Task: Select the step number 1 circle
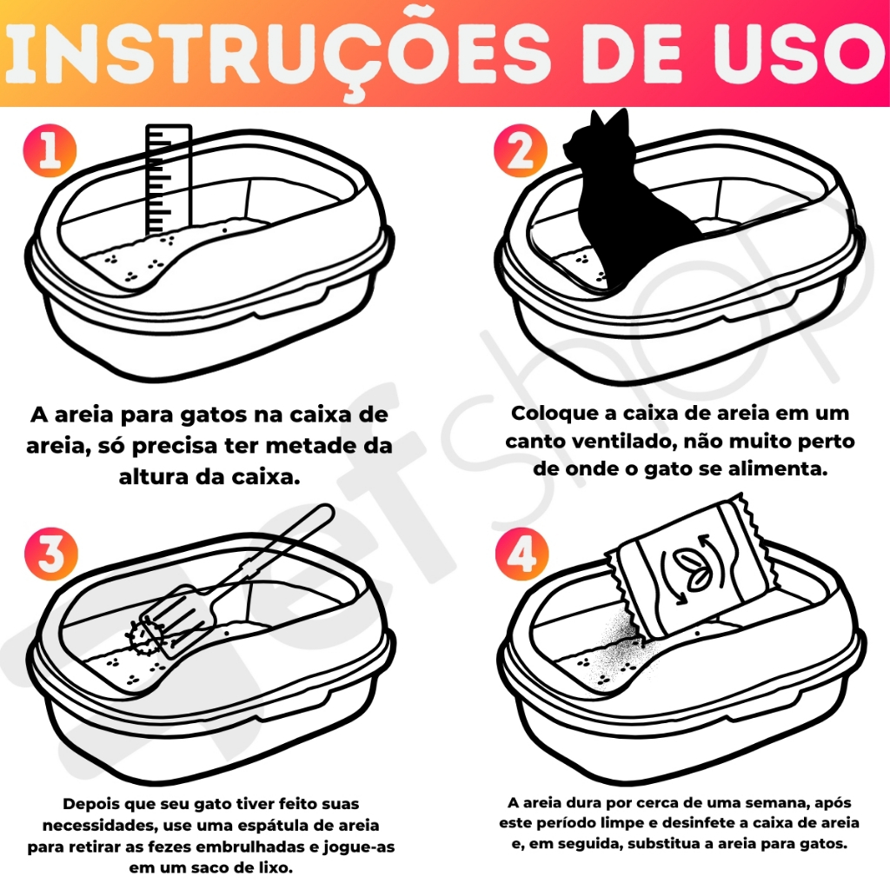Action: (x=50, y=150)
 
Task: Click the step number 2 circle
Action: (x=520, y=150)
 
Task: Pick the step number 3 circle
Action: (x=51, y=554)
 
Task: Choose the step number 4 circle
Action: (x=521, y=554)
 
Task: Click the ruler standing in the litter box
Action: (x=169, y=179)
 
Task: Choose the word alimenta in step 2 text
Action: (x=778, y=468)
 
